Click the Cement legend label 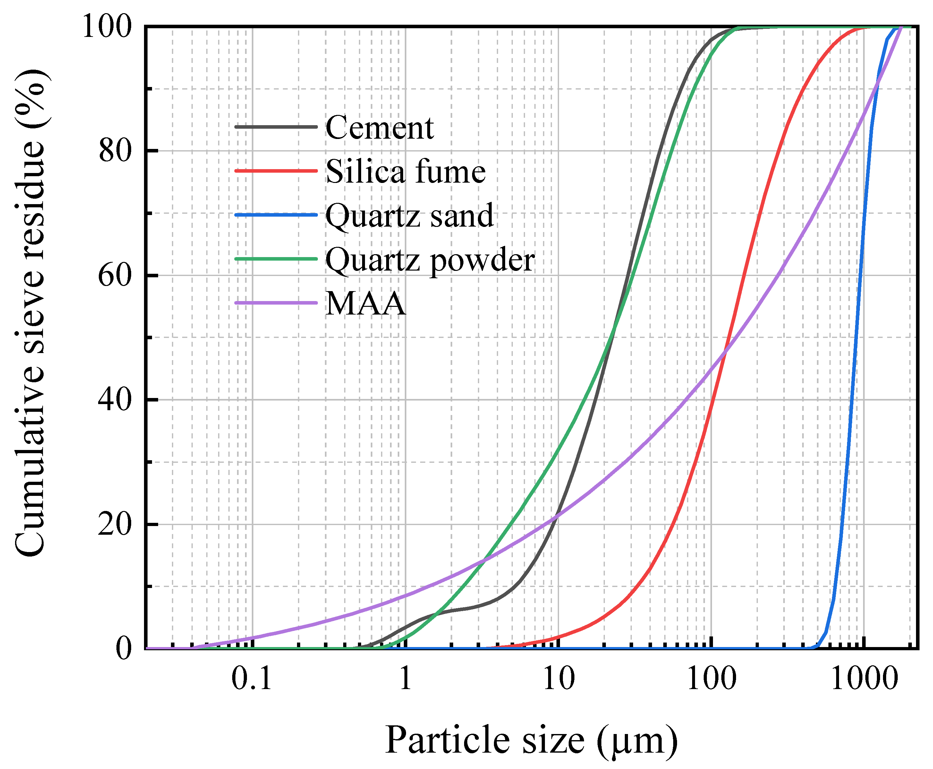pos(379,127)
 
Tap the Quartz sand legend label pos(409,216)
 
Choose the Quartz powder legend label pos(430,260)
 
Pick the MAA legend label pos(365,304)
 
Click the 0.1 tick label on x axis pos(251,678)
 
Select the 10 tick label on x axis pos(559,678)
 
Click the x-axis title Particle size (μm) pos(531,741)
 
